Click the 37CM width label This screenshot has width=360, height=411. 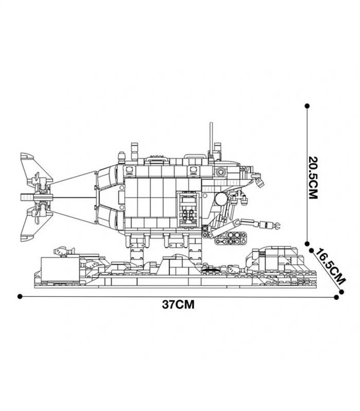178,305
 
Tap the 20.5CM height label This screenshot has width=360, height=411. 313,178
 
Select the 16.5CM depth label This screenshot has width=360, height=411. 330,267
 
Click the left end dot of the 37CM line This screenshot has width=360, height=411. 20,296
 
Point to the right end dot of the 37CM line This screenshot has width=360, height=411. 337,297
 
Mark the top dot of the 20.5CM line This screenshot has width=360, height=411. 307,106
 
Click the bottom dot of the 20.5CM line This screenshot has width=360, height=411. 307,244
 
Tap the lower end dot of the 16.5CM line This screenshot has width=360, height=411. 341,292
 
